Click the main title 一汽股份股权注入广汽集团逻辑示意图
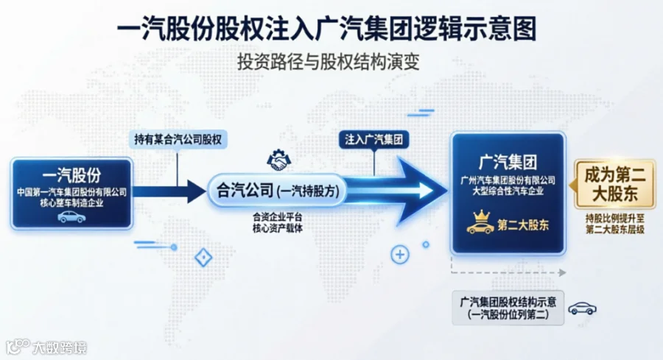coord(326,29)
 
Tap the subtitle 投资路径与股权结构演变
coord(328,62)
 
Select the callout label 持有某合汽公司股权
coord(178,139)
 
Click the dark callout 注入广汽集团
coord(373,139)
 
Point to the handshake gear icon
coord(278,160)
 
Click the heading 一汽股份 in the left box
coord(72,175)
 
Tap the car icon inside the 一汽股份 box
coord(71,216)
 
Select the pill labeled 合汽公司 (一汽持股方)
coord(278,191)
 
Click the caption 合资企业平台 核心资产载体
coord(278,222)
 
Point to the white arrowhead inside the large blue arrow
coord(426,191)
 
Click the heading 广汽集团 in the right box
coord(508,162)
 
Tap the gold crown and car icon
coord(480,222)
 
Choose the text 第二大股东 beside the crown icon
coord(523,225)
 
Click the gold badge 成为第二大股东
coord(615,185)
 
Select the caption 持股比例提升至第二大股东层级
coord(615,224)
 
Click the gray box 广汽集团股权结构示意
coord(508,308)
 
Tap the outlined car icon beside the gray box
coord(582,308)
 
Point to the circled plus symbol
coord(399,255)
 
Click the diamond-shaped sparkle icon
coord(203,258)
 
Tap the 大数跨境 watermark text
coord(60,347)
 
